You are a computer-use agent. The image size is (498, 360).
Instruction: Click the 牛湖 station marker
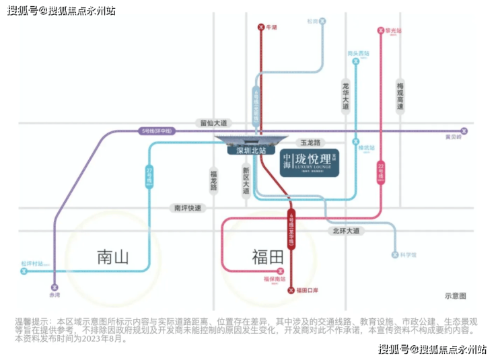tap(261, 27)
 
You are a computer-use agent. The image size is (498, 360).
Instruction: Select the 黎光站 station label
tap(390, 31)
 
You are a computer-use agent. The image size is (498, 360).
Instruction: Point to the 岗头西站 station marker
tap(355, 61)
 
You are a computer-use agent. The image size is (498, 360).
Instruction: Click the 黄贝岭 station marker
tap(463, 131)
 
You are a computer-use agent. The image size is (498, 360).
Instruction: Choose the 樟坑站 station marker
tap(355, 142)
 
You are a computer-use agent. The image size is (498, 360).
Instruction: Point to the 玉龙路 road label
tap(312, 143)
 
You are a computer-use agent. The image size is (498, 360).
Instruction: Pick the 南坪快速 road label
tap(188, 209)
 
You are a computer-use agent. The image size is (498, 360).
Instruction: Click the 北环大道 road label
tap(346, 231)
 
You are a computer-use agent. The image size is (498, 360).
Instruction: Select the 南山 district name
tap(113, 257)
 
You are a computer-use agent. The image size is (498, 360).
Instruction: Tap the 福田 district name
tap(269, 257)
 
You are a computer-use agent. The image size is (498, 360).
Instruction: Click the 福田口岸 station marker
tap(291, 290)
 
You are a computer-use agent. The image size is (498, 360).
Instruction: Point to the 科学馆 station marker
tap(395, 255)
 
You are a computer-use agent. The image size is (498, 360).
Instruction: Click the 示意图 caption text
tap(455, 295)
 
